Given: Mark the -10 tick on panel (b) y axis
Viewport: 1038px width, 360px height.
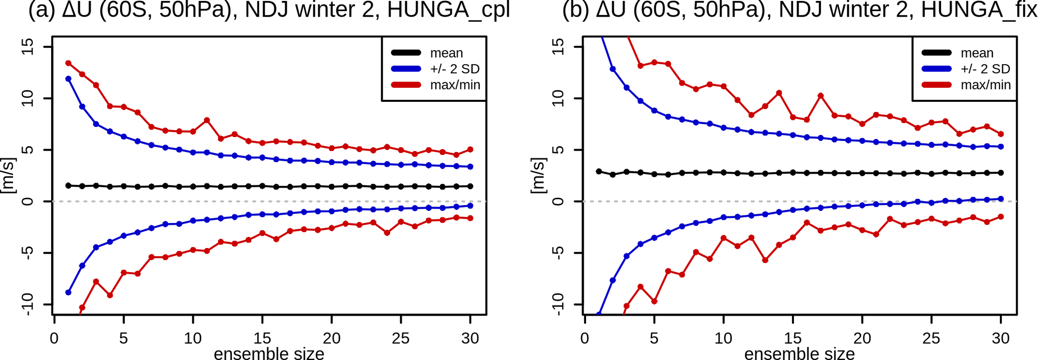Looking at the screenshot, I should click(x=558, y=304).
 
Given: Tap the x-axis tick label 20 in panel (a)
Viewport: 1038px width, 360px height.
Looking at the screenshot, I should click(x=331, y=339).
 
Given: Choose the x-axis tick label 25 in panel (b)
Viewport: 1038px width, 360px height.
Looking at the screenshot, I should click(x=931, y=339).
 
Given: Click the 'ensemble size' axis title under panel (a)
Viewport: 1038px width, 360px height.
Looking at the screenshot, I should click(x=269, y=353).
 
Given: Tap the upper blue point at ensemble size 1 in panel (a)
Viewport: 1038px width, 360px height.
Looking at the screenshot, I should click(x=68, y=79).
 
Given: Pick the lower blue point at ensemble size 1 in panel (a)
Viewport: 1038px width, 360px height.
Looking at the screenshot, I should click(x=68, y=292).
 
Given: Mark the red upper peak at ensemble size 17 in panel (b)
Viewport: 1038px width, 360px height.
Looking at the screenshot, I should click(x=821, y=96).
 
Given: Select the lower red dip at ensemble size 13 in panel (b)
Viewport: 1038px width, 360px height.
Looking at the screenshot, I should click(x=765, y=260).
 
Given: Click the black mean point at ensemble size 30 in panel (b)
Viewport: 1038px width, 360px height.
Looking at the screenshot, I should click(x=1001, y=173).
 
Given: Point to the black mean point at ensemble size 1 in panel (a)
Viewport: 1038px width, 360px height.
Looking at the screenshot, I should click(x=68, y=186).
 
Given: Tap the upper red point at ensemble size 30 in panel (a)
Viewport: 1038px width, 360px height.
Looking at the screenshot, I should click(x=470, y=150).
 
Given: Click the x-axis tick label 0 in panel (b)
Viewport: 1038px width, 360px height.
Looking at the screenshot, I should click(x=585, y=339).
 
